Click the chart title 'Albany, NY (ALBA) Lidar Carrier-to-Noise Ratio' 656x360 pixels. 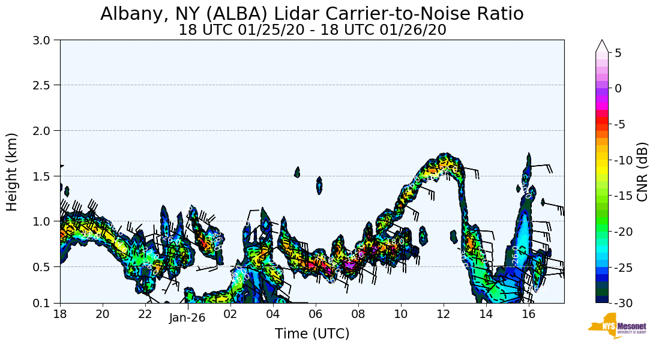click(x=311, y=14)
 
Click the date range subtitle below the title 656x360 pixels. click(x=312, y=30)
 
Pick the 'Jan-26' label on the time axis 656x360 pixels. click(x=187, y=318)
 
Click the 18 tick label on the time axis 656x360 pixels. click(x=60, y=313)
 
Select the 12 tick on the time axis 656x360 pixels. click(x=443, y=313)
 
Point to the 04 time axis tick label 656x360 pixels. click(x=273, y=313)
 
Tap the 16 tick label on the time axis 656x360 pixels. click(x=528, y=313)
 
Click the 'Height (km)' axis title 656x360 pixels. click(x=13, y=172)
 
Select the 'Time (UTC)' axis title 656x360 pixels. click(x=312, y=334)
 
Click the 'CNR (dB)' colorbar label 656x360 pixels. click(x=642, y=172)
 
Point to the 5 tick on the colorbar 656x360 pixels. click(x=618, y=52)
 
